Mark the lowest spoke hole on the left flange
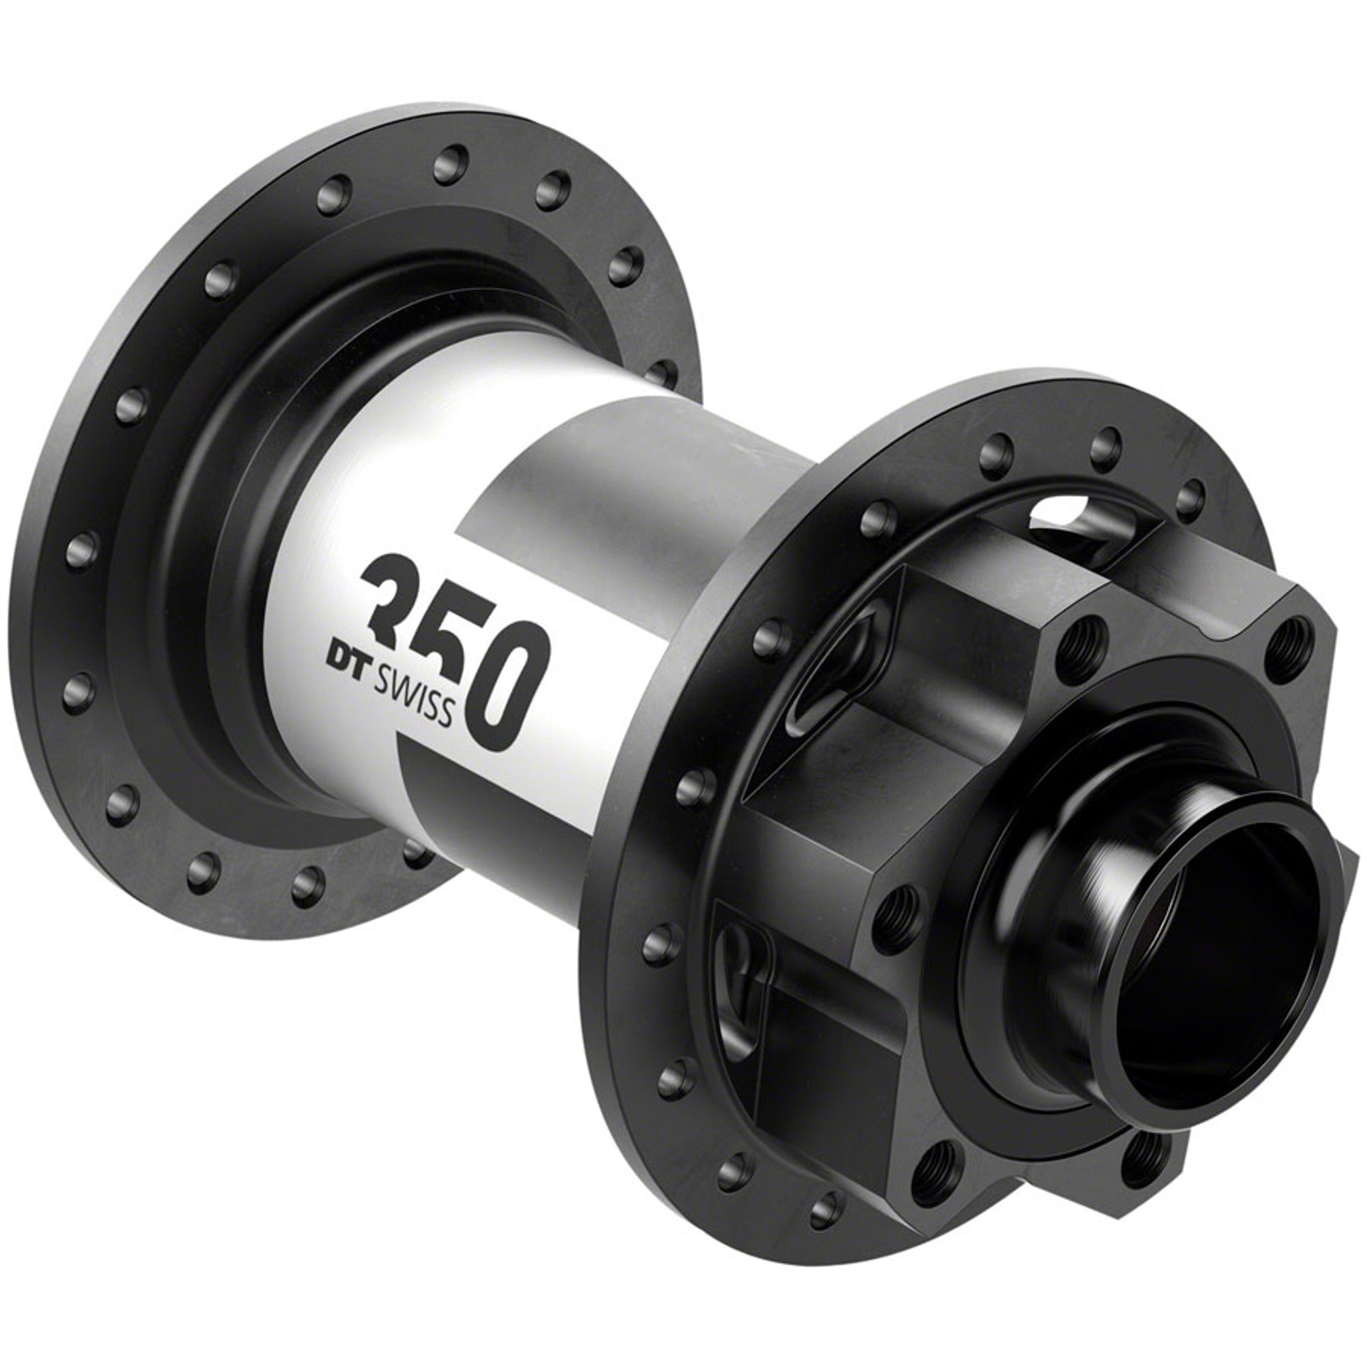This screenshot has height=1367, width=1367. (308, 882)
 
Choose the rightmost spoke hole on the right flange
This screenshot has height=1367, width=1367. (1193, 491)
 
